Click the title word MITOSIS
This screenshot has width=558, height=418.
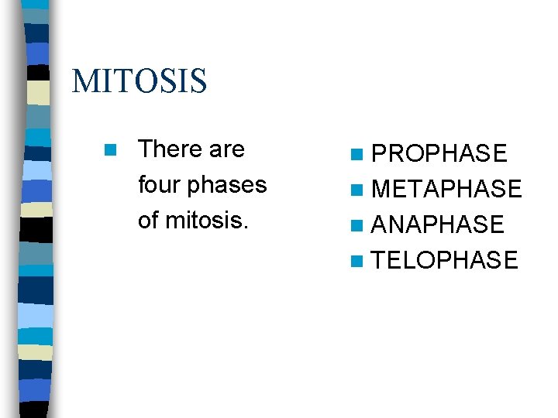pos(139,81)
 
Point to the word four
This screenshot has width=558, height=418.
pos(159,185)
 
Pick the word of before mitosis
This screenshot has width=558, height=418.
pos(147,221)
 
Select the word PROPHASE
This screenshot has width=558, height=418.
pos(439,154)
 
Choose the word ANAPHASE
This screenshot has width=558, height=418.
pos(438,225)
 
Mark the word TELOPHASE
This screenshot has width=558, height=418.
pos(445,261)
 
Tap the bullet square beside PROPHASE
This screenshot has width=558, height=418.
pos(356,155)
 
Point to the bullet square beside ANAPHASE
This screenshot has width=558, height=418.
pos(356,226)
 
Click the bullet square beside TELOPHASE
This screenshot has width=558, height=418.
pos(356,262)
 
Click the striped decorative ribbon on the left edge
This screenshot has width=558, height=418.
pos(36,209)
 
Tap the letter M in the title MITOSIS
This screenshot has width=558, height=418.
pos(84,81)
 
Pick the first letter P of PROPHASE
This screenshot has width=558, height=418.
pos(380,154)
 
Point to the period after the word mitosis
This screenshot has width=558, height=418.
pos(246,227)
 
